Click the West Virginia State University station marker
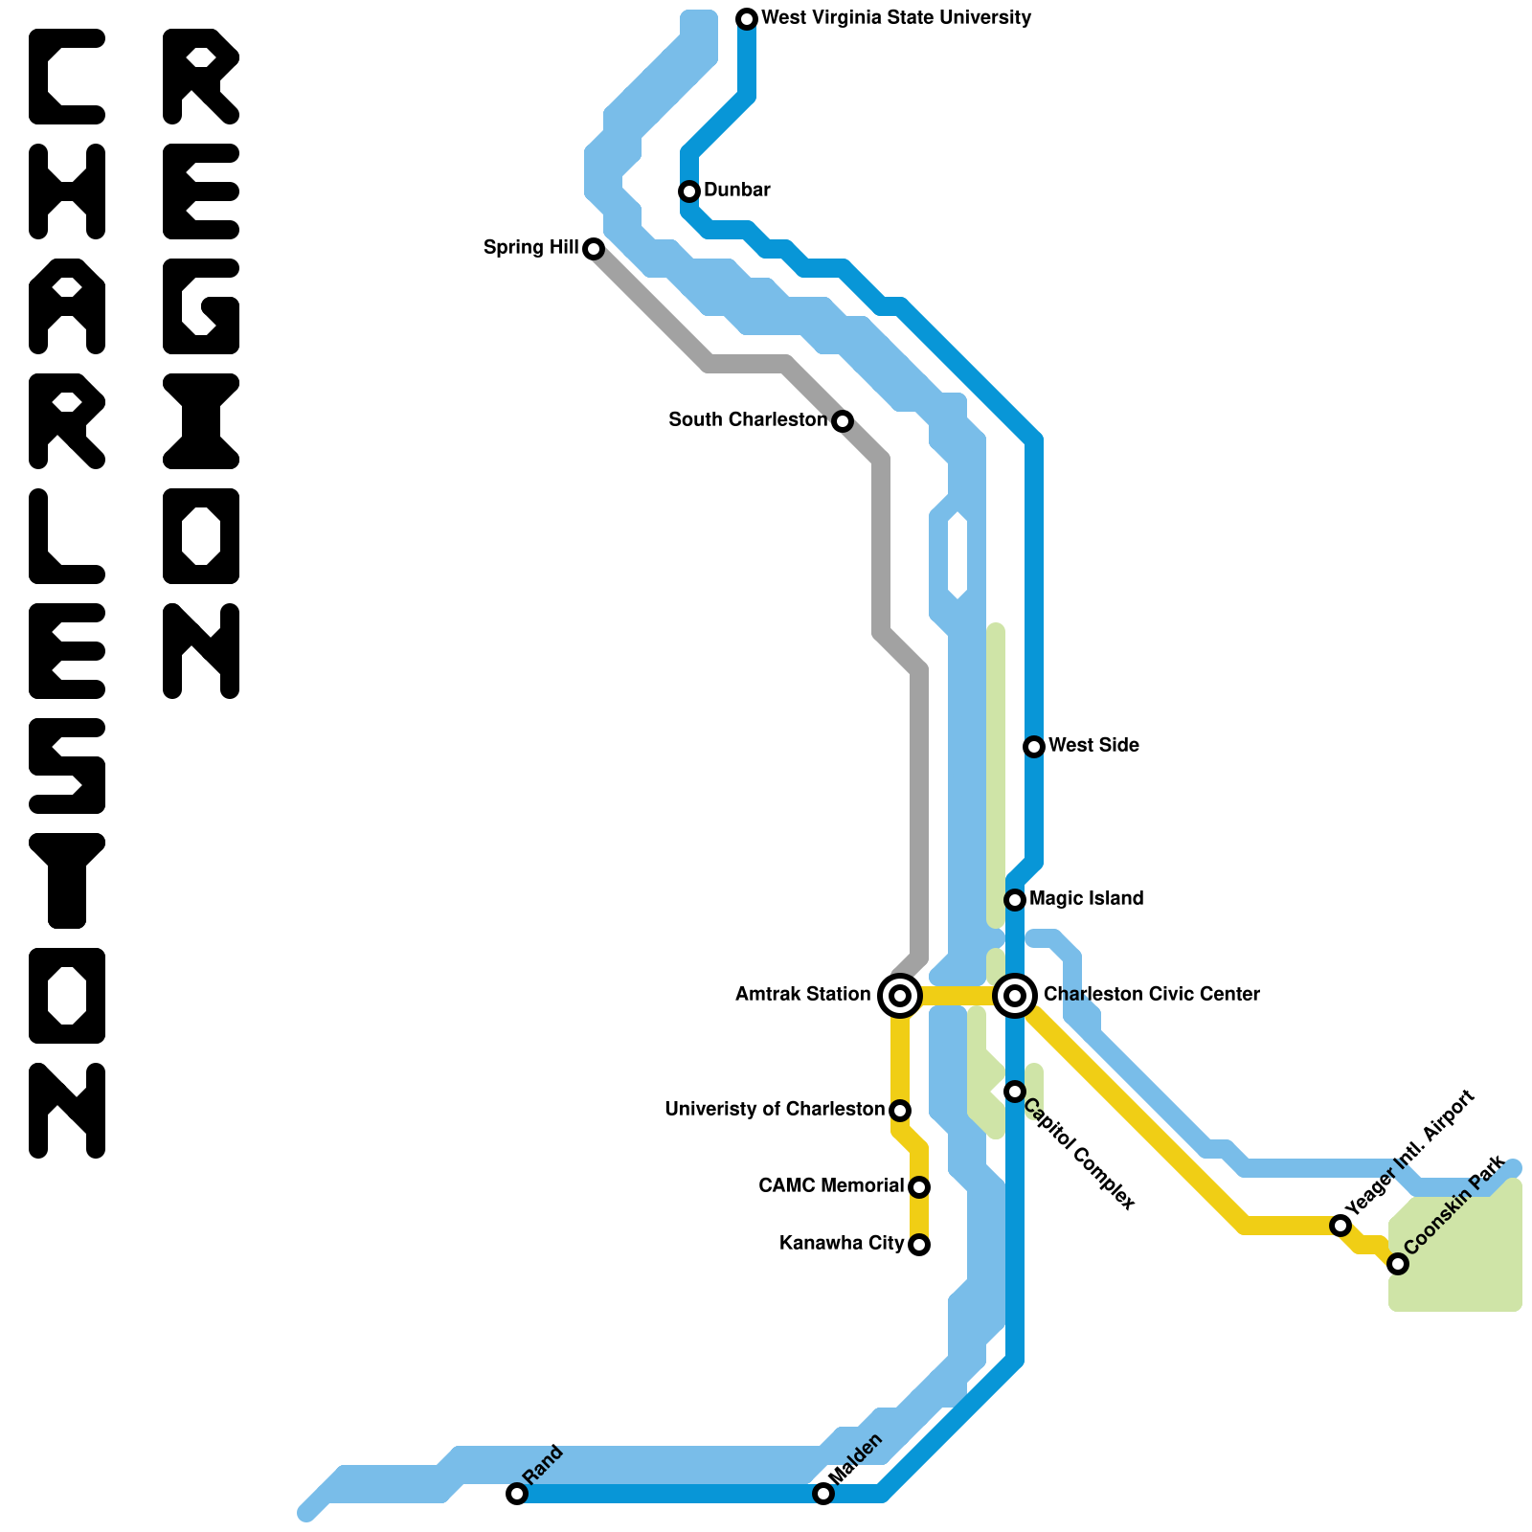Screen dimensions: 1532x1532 pyautogui.click(x=747, y=18)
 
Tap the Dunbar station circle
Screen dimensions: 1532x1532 pyautogui.click(x=689, y=191)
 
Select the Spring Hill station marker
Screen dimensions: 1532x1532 pyautogui.click(x=594, y=249)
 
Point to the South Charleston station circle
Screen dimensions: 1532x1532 pyautogui.click(x=843, y=421)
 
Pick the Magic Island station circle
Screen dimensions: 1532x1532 pyautogui.click(x=1015, y=900)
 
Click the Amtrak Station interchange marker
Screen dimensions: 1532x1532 pyautogui.click(x=900, y=996)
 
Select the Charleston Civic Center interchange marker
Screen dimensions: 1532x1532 pyautogui.click(x=1015, y=996)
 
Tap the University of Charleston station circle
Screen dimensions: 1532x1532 pyautogui.click(x=900, y=1111)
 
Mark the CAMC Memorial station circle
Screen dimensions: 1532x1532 pyautogui.click(x=919, y=1187)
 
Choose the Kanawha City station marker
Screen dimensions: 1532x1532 pyautogui.click(x=919, y=1245)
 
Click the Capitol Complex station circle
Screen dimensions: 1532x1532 pyautogui.click(x=1015, y=1092)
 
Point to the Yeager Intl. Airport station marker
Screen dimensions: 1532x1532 pyautogui.click(x=1340, y=1226)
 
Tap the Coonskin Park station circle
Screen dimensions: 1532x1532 pyautogui.click(x=1398, y=1264)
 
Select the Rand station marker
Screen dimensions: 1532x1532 pyautogui.click(x=517, y=1494)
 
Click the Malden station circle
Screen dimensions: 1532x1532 pyautogui.click(x=823, y=1494)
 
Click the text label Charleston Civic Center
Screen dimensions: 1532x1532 pyautogui.click(x=1151, y=995)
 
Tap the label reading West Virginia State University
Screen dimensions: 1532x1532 pyautogui.click(x=896, y=18)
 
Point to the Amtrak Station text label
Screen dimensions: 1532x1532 pyautogui.click(x=802, y=995)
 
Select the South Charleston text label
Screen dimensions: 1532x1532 pyautogui.click(x=748, y=420)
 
